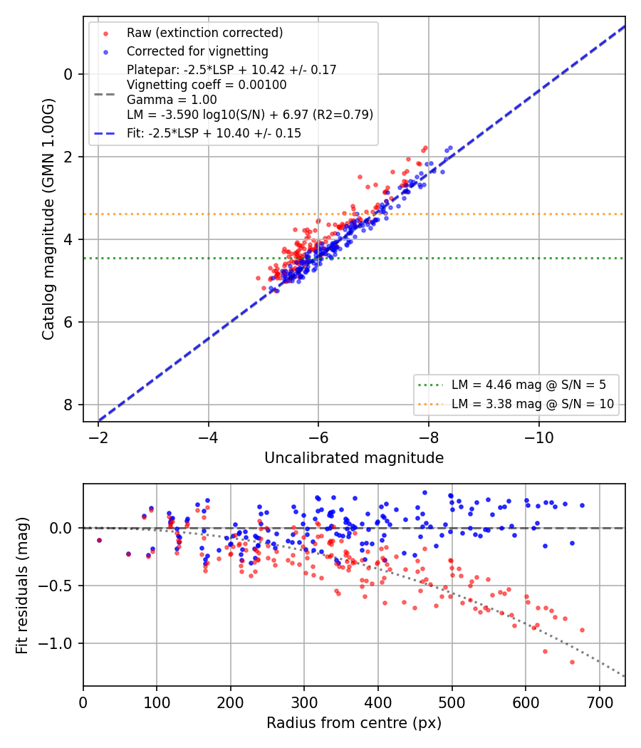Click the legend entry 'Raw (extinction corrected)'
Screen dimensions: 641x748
[x=204, y=33]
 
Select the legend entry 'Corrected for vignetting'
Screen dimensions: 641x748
[x=197, y=51]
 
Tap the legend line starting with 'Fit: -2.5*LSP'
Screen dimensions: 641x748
[x=214, y=133]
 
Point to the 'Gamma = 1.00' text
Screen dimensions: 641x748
[x=172, y=100]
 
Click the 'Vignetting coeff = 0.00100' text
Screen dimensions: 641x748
[x=207, y=85]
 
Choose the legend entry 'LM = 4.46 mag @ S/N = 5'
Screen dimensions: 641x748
[x=528, y=385]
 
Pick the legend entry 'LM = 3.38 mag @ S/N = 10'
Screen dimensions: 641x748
[x=533, y=404]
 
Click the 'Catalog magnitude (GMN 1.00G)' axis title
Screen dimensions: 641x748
[x=48, y=219]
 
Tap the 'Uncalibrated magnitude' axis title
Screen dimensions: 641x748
[x=354, y=458]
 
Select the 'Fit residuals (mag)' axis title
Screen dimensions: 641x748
[x=22, y=586]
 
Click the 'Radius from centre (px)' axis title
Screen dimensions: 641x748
[x=354, y=723]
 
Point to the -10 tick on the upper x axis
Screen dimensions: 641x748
[x=539, y=437]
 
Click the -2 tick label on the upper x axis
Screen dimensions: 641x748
[x=98, y=437]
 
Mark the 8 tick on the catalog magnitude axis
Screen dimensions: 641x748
[x=68, y=405]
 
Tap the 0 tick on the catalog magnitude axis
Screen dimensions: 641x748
[x=68, y=74]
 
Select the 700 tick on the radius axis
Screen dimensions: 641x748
[x=599, y=702]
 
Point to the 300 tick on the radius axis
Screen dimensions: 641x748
[x=304, y=702]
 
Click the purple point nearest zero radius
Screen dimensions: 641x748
[x=99, y=541]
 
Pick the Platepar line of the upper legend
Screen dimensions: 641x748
[x=231, y=70]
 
